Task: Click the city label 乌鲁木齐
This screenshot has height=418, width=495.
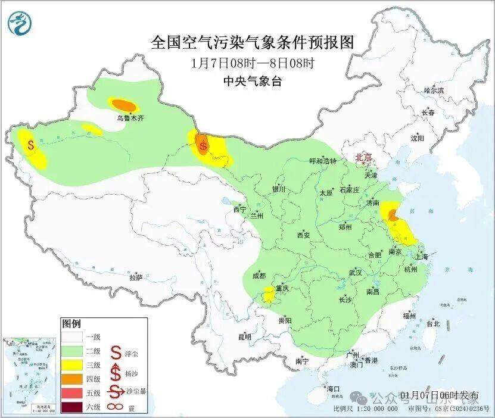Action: pyautogui.click(x=130, y=118)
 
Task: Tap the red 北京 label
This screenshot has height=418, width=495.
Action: pyautogui.click(x=363, y=157)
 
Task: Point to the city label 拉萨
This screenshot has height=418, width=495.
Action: pyautogui.click(x=136, y=277)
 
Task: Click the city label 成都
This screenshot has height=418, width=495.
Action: pyautogui.click(x=259, y=276)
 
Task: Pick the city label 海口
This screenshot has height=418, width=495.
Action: pyautogui.click(x=334, y=389)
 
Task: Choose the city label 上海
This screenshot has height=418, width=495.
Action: pyautogui.click(x=422, y=257)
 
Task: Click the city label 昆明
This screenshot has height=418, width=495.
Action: pyautogui.click(x=245, y=337)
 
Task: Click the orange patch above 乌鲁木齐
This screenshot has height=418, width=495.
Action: pyautogui.click(x=124, y=104)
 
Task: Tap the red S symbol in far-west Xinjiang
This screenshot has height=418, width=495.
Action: pyautogui.click(x=30, y=144)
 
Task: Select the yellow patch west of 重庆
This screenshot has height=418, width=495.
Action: pyautogui.click(x=269, y=293)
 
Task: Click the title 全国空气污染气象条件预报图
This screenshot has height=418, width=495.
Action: pyautogui.click(x=253, y=43)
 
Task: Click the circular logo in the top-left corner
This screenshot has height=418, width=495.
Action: pyautogui.click(x=21, y=23)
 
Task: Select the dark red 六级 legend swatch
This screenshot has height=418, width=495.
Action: pyautogui.click(x=73, y=407)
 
